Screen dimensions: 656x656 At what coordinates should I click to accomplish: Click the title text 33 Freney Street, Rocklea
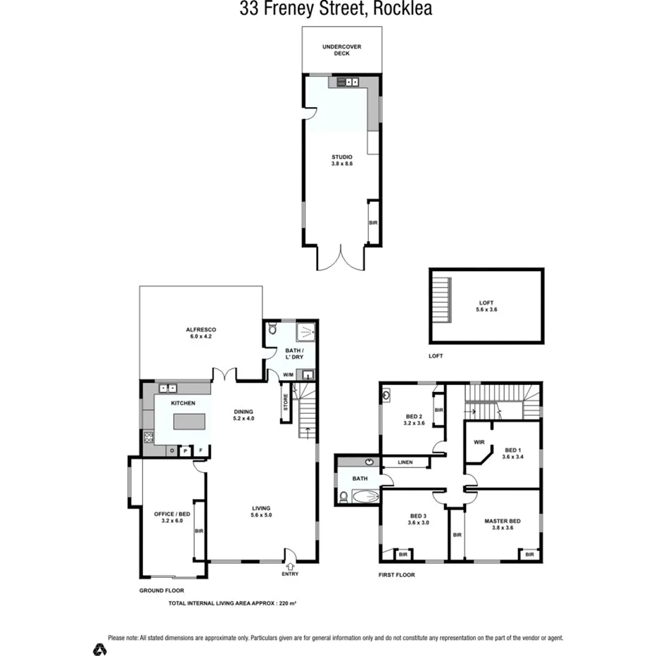[x=336, y=9]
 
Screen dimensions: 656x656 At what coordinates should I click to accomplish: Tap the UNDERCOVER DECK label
[x=341, y=50]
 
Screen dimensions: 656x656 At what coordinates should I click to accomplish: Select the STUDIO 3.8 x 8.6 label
[x=341, y=160]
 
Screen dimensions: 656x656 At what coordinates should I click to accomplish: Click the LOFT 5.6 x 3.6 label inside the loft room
[x=486, y=306]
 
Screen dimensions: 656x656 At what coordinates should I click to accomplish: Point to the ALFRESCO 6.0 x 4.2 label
[x=201, y=333]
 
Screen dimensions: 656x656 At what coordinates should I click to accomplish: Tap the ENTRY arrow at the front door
[x=289, y=564]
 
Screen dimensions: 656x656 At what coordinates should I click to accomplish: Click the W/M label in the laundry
[x=288, y=374]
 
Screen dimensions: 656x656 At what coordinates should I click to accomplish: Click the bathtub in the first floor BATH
[x=364, y=497]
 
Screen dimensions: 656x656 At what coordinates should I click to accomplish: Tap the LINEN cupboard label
[x=405, y=462]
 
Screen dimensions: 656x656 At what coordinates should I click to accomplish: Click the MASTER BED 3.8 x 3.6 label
[x=503, y=525]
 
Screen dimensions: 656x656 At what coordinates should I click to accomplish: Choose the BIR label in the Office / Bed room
[x=199, y=531]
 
